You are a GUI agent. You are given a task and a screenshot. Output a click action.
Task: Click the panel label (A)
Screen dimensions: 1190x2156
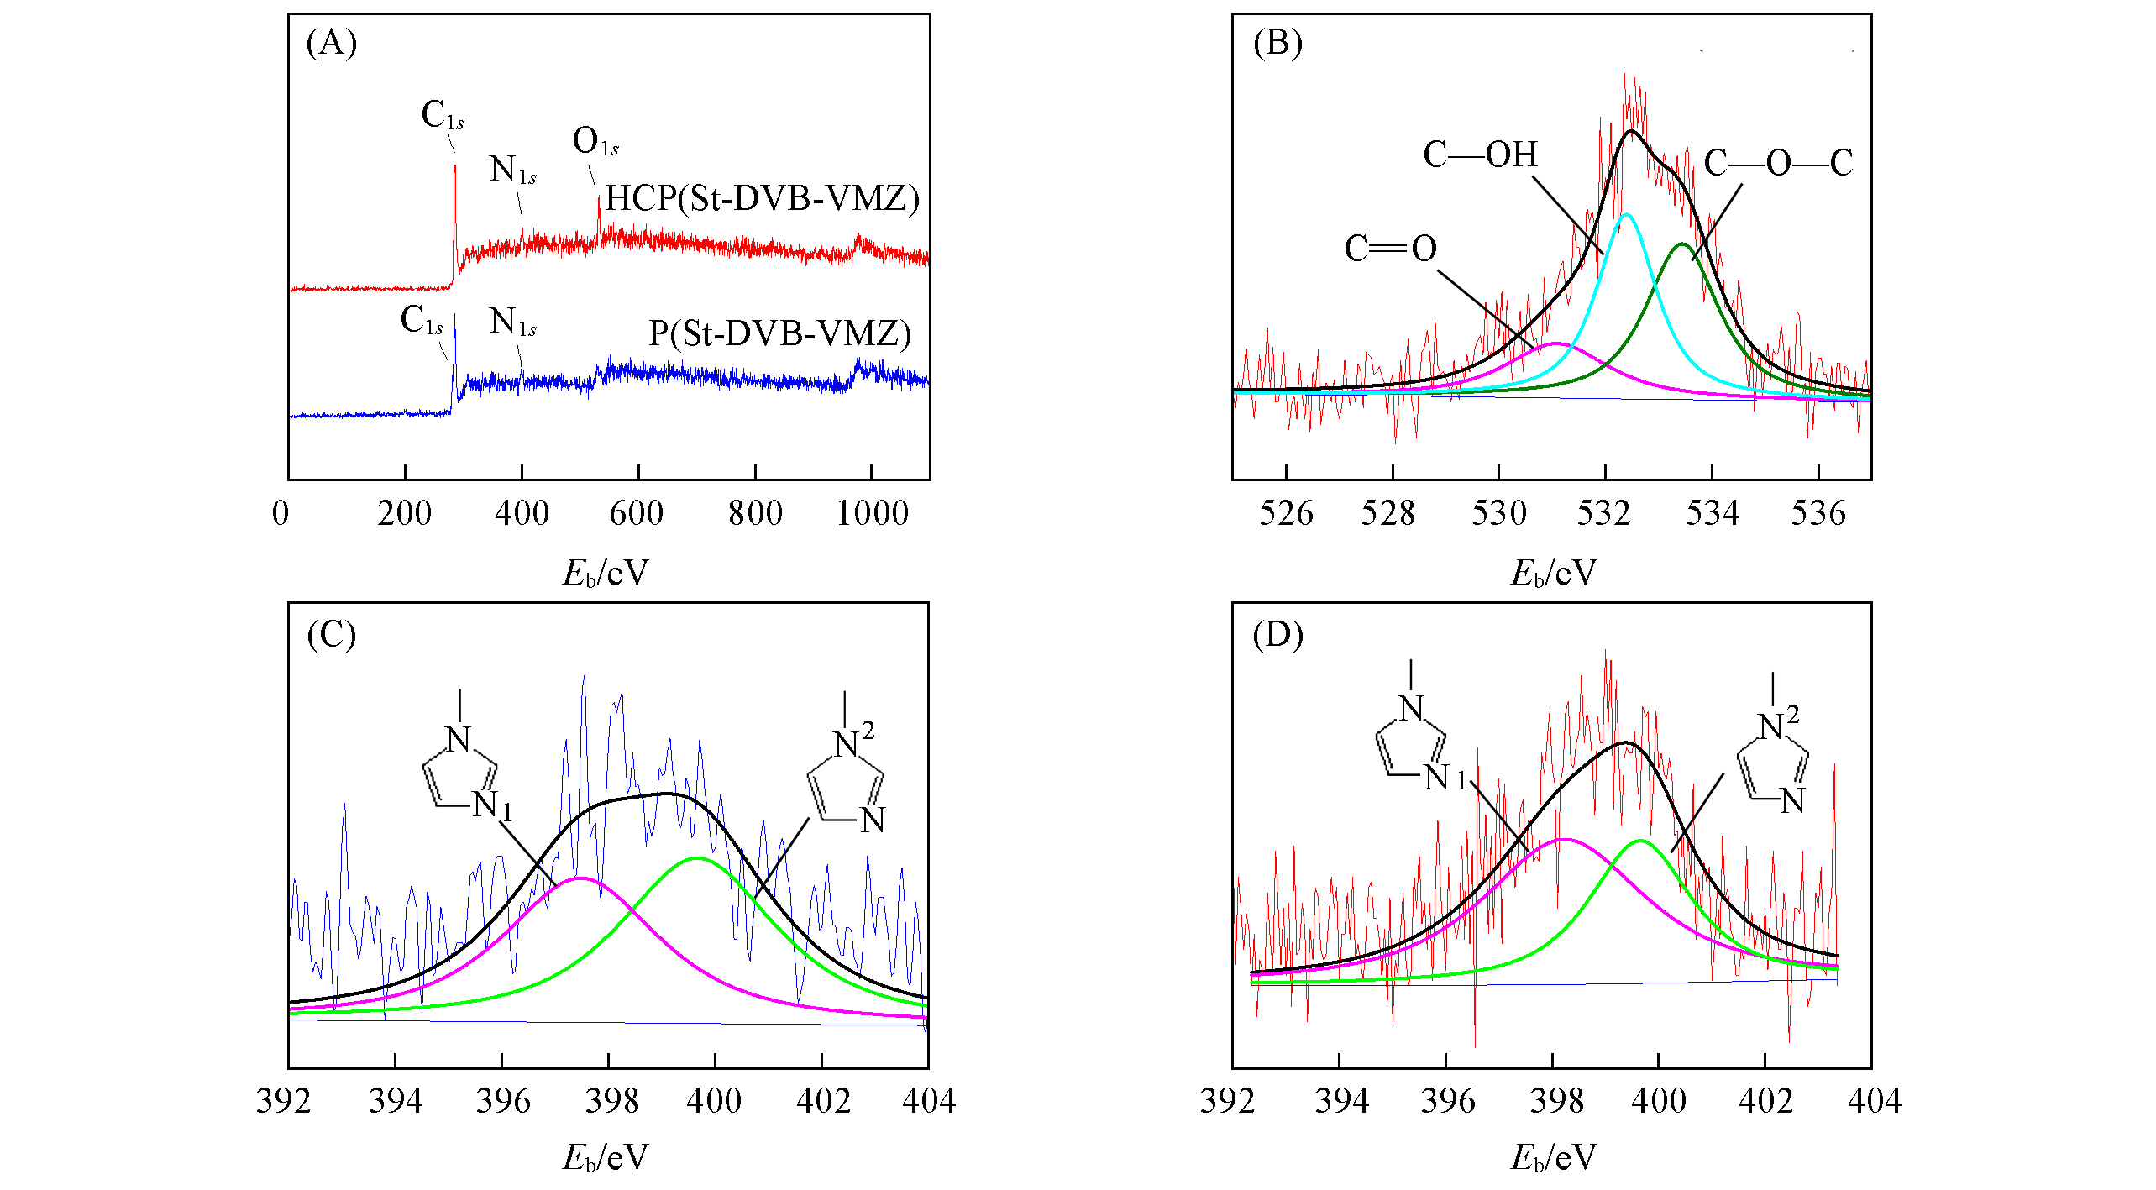[x=331, y=43]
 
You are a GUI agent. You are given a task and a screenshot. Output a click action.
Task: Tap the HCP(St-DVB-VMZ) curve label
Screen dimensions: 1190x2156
[x=762, y=198]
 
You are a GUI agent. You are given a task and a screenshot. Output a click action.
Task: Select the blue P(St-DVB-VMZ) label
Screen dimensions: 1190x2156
[x=779, y=334]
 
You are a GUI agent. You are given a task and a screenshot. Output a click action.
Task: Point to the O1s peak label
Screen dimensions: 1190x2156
[x=595, y=142]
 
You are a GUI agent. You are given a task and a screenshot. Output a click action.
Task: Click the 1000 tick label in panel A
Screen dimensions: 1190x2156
[x=872, y=513]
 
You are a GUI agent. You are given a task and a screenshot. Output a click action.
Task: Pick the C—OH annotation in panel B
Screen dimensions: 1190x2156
[x=1480, y=155]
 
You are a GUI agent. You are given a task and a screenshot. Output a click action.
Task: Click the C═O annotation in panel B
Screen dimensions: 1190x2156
[x=1391, y=249]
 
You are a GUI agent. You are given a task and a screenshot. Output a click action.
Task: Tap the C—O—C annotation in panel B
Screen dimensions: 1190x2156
[x=1778, y=163]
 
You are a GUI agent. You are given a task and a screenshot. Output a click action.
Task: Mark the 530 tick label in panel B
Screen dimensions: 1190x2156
[x=1498, y=513]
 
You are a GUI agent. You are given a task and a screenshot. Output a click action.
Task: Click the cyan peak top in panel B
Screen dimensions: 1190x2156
[x=1627, y=215]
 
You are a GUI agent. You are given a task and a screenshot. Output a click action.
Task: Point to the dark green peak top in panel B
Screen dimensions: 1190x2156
[x=1682, y=244]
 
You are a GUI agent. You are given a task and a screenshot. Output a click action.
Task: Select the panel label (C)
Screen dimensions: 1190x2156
[x=331, y=635]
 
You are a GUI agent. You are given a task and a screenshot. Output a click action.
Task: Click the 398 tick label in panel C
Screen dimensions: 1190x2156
[x=609, y=1101]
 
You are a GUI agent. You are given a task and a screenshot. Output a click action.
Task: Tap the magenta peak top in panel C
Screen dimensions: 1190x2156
[x=580, y=878]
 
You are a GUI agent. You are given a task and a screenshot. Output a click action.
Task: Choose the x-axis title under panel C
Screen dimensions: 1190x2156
[x=605, y=1158]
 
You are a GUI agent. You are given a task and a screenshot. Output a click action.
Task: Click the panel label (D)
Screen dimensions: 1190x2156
[x=1277, y=635]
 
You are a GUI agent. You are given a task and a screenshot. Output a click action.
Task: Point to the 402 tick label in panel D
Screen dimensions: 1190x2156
[x=1765, y=1101]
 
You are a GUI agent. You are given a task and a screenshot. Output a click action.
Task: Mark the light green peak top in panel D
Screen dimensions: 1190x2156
[x=1640, y=841]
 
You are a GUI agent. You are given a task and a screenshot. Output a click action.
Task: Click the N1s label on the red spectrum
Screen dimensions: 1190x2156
[x=512, y=170]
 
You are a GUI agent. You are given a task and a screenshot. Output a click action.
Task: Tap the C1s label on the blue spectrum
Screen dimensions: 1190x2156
[x=422, y=320]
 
